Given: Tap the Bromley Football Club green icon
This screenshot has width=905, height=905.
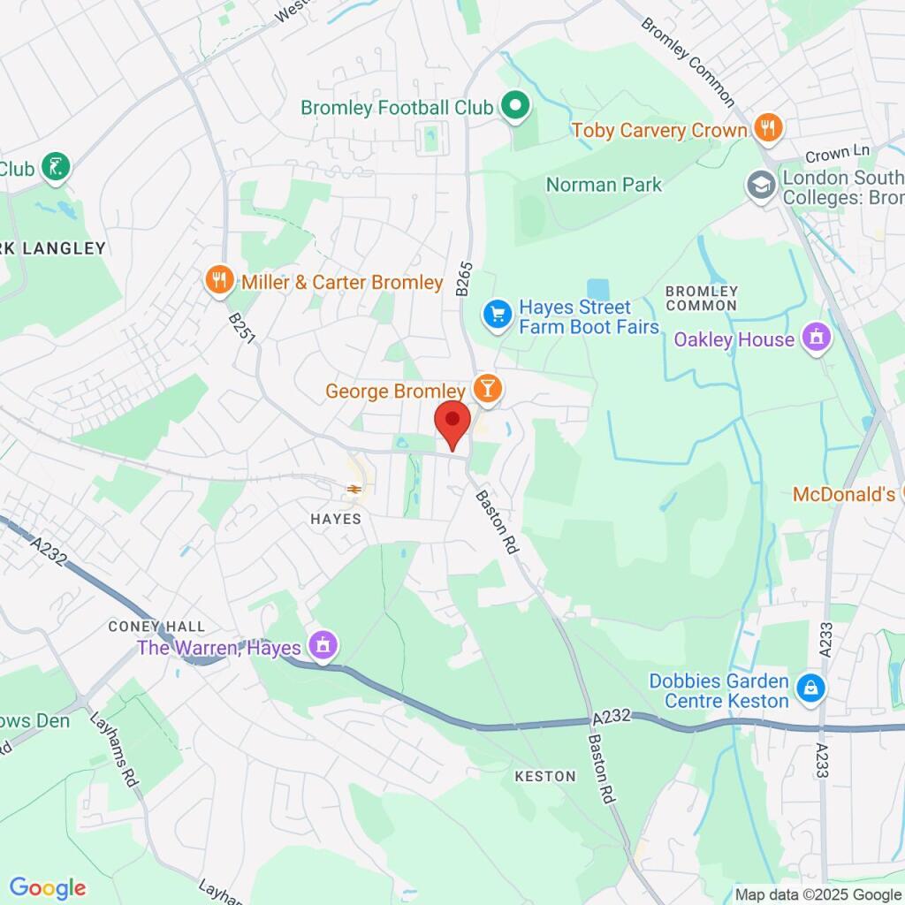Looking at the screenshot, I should coord(514,108).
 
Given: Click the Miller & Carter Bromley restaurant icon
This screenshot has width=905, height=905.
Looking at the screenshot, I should coord(219,282).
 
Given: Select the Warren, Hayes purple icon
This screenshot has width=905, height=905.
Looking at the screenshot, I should coord(323,646).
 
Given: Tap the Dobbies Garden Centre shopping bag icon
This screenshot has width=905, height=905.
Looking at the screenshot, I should coord(810,689).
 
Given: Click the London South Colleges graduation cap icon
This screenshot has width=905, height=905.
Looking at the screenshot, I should coord(760,186).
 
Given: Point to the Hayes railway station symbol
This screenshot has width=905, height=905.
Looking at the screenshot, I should coord(354,488).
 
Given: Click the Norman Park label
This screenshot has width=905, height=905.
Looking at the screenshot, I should coord(604,185).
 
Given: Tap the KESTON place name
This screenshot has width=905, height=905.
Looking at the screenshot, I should coord(545,776).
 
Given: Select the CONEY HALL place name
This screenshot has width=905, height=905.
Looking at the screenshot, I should coord(143,626).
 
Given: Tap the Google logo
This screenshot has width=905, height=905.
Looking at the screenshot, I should coord(48,887).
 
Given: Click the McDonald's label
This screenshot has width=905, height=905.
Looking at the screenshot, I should coord(844,494).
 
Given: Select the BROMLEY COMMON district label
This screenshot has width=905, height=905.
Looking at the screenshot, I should coord(701,298).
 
